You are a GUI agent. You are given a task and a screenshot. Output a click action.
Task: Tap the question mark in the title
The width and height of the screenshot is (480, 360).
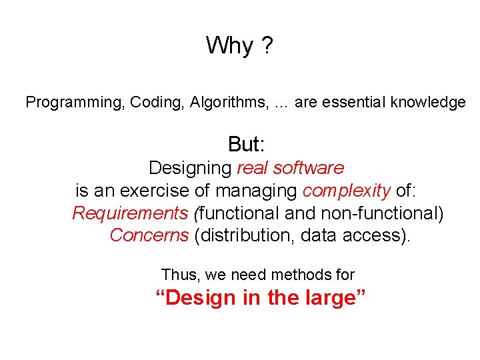[x=266, y=46]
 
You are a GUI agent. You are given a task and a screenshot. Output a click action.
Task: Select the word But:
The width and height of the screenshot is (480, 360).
[x=248, y=144]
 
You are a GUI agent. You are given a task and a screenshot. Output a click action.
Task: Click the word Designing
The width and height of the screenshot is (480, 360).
[x=190, y=168]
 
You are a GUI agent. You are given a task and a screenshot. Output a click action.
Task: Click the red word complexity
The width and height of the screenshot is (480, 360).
[x=346, y=191]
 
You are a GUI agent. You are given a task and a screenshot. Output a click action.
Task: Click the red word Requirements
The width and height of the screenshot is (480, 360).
[x=130, y=214]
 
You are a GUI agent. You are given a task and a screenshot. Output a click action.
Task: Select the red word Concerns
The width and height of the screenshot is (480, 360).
[x=149, y=236]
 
